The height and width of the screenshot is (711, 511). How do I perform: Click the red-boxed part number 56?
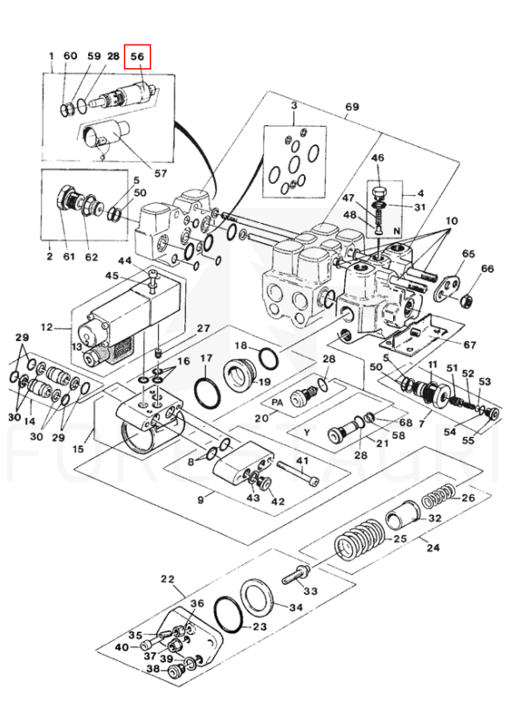click(137, 56)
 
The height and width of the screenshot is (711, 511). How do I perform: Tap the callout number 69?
click(352, 107)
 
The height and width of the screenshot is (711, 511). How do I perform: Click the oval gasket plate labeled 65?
click(446, 289)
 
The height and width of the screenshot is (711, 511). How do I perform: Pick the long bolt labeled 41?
click(298, 473)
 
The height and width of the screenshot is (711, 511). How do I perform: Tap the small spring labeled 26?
click(438, 496)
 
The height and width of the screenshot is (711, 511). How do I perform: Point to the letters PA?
click(277, 402)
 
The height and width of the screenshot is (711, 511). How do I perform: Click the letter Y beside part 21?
click(307, 432)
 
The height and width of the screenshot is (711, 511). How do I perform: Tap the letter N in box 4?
click(397, 231)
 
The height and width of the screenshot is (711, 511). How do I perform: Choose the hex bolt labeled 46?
click(378, 193)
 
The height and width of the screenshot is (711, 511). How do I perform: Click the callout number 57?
click(161, 173)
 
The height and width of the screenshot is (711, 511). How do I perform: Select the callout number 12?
click(46, 326)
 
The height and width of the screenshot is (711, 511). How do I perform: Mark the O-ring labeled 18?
click(269, 358)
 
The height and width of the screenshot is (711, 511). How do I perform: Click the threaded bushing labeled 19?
click(241, 374)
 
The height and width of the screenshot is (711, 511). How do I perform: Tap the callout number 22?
click(168, 579)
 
